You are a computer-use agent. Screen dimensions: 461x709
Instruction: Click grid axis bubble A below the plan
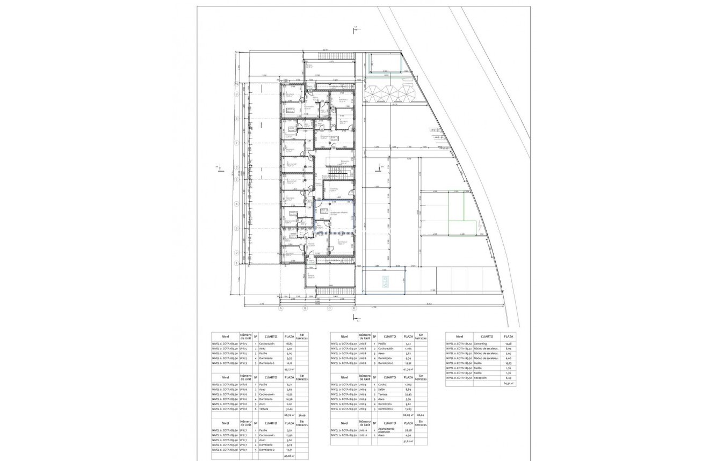pyautogui.click(x=280, y=309)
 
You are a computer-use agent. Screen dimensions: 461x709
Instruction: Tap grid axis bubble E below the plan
pyautogui.click(x=354, y=309)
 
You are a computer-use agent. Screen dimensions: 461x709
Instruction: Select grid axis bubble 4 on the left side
pyautogui.click(x=236, y=204)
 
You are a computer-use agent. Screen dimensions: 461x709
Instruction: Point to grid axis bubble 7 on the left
pyautogui.click(x=236, y=143)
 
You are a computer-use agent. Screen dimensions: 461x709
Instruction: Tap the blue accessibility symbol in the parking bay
pyautogui.click(x=385, y=282)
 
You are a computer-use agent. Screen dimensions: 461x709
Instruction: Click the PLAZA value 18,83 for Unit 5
pyautogui.click(x=289, y=343)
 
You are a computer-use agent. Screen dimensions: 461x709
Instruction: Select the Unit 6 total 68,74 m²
pyautogui.click(x=289, y=415)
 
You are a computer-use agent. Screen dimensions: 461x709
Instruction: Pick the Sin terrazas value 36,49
pyautogui.click(x=302, y=415)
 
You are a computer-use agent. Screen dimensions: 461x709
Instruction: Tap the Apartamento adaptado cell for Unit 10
pyautogui.click(x=387, y=430)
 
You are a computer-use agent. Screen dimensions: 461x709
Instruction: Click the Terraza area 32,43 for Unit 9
pyautogui.click(x=408, y=394)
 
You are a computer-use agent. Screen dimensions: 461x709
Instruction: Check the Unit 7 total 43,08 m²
pyautogui.click(x=289, y=456)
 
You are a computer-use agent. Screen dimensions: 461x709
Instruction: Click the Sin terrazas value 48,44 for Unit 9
pyautogui.click(x=421, y=415)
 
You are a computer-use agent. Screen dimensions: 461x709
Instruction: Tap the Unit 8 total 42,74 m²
pyautogui.click(x=408, y=369)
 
